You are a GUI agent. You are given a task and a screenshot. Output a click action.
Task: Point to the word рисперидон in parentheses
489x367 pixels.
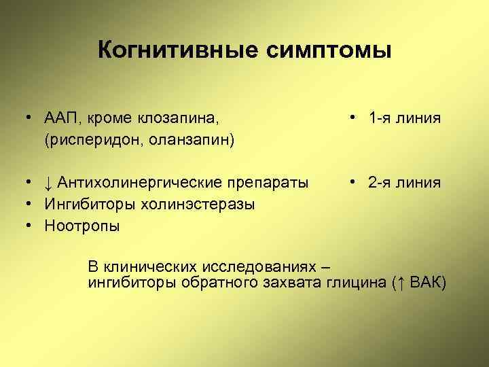pos(93,139)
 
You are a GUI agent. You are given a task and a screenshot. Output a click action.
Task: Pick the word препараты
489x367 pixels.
pos(271,183)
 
